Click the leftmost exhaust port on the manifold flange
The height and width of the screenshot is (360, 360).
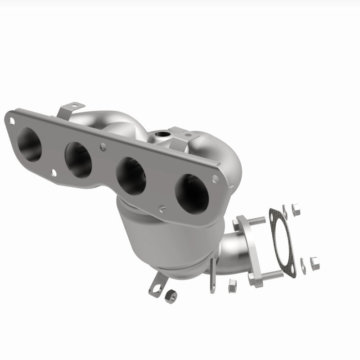point(29,144)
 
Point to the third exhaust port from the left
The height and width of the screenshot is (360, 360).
point(131,175)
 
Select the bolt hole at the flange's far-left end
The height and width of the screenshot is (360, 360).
point(12,120)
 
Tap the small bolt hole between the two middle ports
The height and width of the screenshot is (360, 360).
point(103,146)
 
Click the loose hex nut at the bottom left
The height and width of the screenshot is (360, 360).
point(171,295)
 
